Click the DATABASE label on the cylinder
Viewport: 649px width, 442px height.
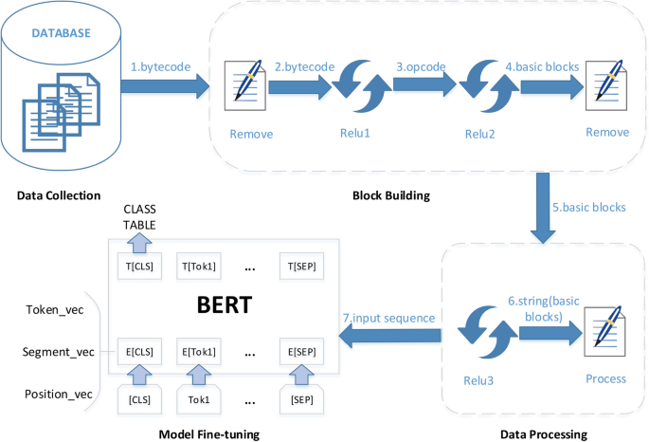click(x=63, y=33)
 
